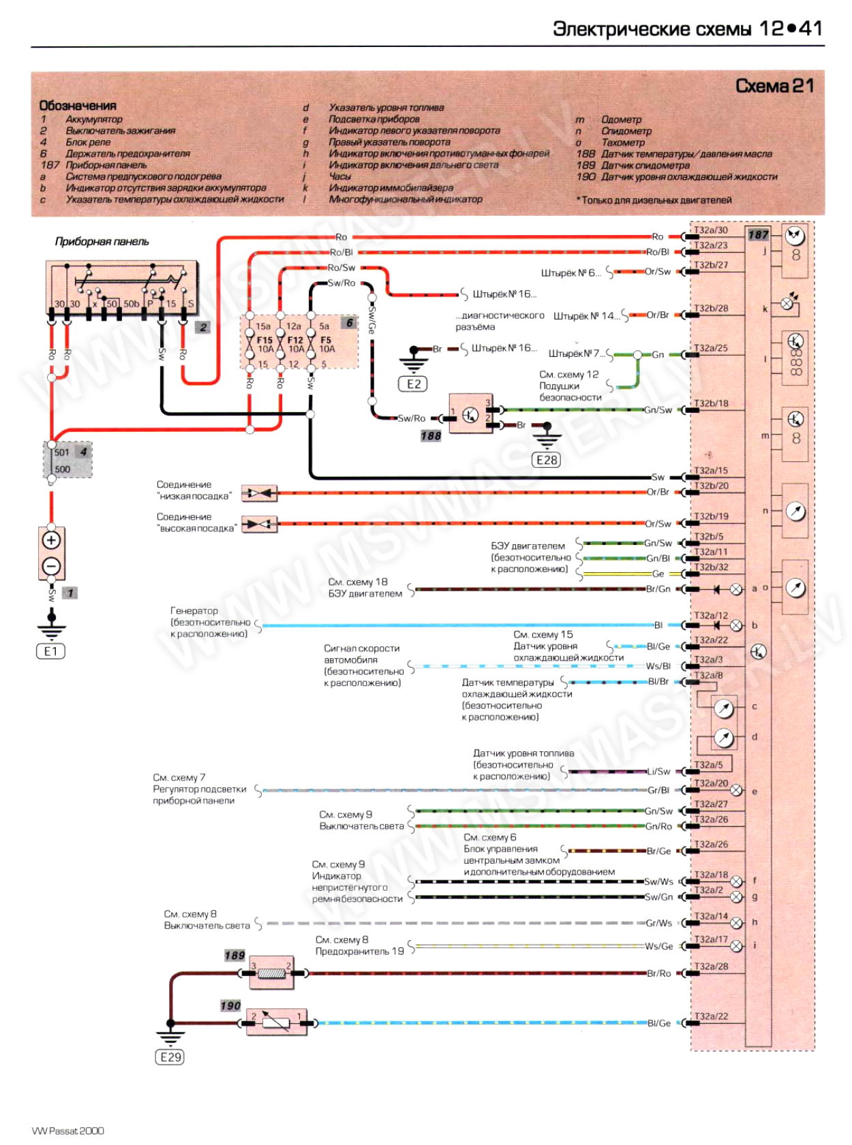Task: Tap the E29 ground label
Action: pos(170,1057)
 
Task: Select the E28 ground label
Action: pos(547,460)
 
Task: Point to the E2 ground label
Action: pos(414,383)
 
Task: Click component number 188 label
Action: pos(431,436)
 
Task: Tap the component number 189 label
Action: pos(234,956)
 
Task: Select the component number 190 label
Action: pos(230,1006)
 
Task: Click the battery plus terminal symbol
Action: pos(52,540)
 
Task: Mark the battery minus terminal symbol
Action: pos(52,566)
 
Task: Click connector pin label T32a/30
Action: pos(711,230)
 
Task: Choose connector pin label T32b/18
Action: pos(711,403)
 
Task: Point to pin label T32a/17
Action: pos(711,939)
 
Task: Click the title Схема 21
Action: pos(774,87)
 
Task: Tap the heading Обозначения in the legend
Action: pos(78,106)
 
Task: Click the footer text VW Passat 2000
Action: pos(68,1131)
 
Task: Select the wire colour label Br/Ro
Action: pos(658,973)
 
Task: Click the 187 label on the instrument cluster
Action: pos(758,235)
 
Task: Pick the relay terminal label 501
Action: pos(62,452)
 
